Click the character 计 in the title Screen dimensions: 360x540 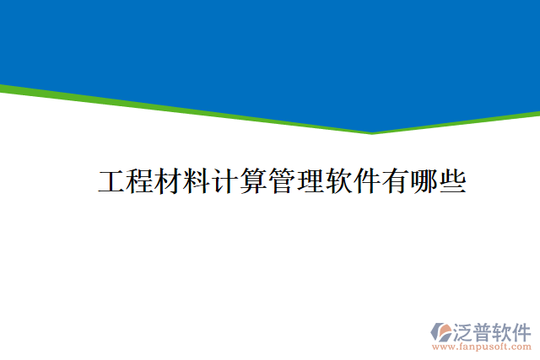tap(224, 182)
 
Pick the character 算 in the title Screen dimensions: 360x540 tap(253, 182)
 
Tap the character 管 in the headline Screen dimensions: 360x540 tap(282, 182)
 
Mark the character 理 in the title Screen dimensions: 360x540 tap(310, 182)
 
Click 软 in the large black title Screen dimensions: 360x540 tap(338, 182)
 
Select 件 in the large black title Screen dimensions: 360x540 tap(366, 182)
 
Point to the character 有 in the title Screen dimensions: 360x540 tap(395, 182)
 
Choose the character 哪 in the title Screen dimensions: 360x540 tap(424, 182)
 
